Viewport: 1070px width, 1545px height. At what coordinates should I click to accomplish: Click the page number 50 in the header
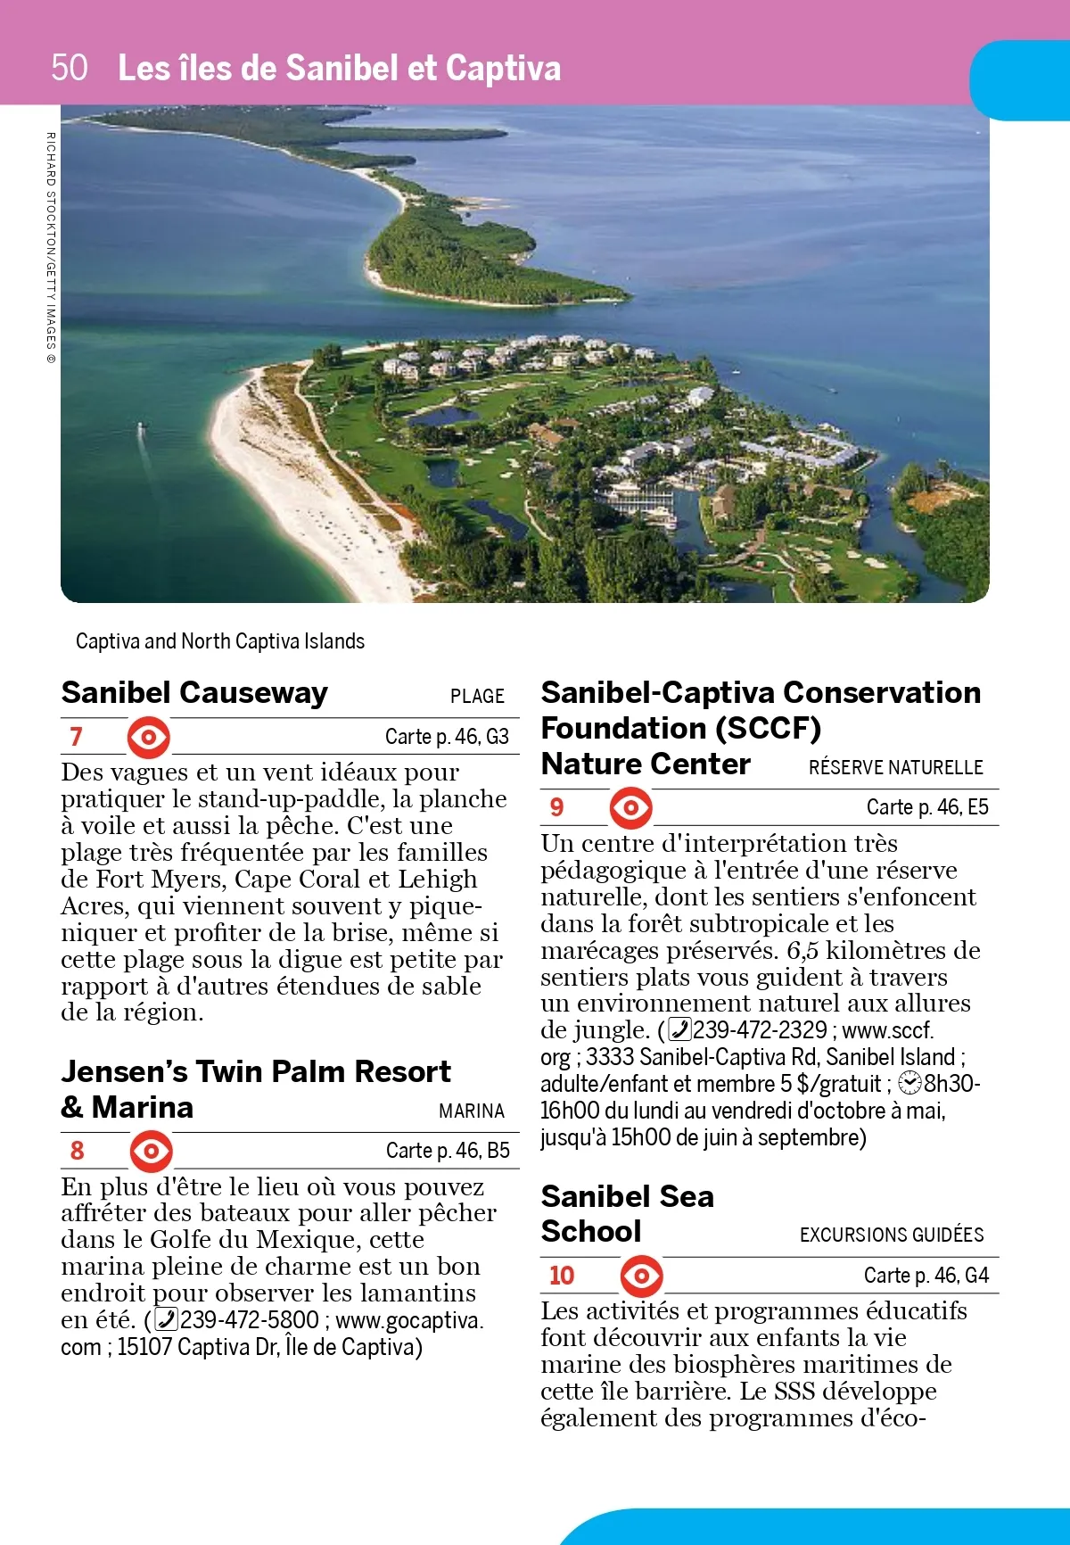point(70,68)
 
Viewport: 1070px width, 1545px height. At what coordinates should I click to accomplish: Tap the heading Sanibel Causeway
point(194,693)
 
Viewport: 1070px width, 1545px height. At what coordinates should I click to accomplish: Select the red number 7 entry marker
point(77,737)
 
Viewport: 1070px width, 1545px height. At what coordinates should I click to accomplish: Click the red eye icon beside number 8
point(152,1151)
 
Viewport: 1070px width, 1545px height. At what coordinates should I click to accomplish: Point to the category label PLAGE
point(477,697)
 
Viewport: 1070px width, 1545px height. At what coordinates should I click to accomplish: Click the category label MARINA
point(471,1111)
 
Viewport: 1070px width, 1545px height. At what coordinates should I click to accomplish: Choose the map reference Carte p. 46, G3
point(447,737)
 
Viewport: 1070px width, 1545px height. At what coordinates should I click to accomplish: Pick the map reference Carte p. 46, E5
point(927,807)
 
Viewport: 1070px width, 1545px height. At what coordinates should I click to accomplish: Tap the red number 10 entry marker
point(562,1276)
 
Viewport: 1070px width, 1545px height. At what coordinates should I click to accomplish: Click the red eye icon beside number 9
point(631,808)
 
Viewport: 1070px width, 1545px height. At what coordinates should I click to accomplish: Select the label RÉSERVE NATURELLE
point(895,768)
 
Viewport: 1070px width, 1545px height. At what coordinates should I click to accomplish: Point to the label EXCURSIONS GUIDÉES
point(892,1235)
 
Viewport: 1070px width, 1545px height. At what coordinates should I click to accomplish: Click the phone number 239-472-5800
point(249,1320)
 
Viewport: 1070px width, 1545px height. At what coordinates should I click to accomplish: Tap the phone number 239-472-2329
point(760,1030)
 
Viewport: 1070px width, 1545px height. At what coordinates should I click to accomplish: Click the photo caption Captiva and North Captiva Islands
point(220,641)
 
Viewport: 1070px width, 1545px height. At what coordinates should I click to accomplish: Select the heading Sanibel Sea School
point(627,1213)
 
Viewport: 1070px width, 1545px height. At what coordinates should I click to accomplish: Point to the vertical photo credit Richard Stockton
point(51,247)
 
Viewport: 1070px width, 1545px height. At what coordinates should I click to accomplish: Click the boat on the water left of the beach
point(141,431)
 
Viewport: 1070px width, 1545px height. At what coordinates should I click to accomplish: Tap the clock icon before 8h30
point(909,1084)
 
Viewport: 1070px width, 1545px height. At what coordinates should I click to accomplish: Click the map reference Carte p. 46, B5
point(448,1151)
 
